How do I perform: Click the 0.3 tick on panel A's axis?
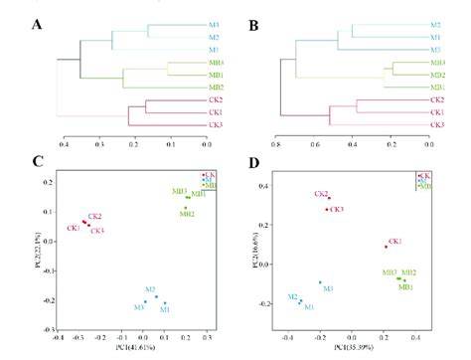[98, 144]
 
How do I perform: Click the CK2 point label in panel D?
[321, 194]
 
